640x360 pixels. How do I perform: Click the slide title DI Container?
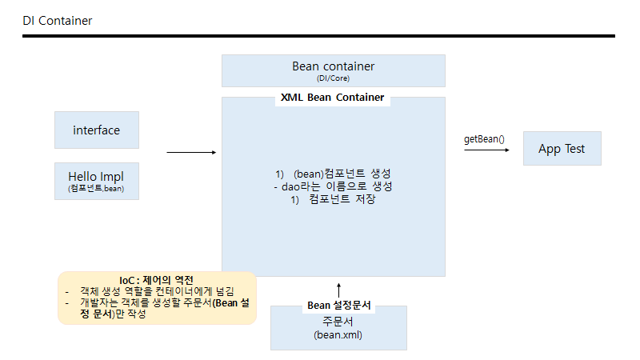coord(57,21)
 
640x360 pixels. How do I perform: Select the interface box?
coord(97,130)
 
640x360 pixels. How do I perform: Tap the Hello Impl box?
coord(97,181)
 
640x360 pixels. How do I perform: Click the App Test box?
coord(562,149)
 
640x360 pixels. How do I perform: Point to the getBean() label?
coord(484,138)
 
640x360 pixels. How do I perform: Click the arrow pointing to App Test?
coord(486,150)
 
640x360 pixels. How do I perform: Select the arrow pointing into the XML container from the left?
coord(191,152)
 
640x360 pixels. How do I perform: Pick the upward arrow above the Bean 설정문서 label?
coord(338,290)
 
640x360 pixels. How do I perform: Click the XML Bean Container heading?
coord(332,98)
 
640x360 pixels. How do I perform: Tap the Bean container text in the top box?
coord(333,66)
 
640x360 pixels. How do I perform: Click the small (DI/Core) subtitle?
coord(333,78)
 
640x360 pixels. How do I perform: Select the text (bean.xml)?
coord(338,335)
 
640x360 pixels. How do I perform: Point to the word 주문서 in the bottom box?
coord(338,322)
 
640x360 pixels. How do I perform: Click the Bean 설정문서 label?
coord(338,305)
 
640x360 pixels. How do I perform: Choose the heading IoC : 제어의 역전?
coord(157,279)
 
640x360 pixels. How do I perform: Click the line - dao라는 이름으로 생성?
coord(333,186)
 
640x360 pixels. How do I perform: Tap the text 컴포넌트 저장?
coord(342,199)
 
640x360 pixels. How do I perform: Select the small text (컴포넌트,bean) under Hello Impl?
coord(97,190)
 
